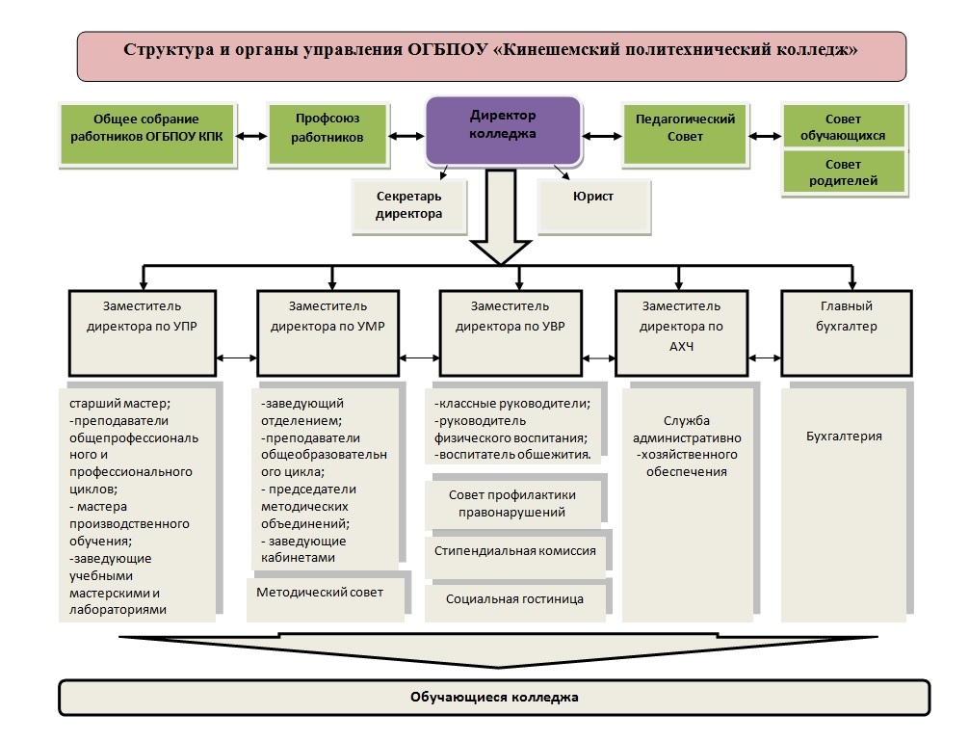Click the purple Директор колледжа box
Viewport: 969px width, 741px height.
503,130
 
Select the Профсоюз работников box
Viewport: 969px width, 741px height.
327,135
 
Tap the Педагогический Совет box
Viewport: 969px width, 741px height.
685,135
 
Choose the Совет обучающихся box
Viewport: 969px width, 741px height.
844,126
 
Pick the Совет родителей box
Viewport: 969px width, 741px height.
844,172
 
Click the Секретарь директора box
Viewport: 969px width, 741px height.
409,206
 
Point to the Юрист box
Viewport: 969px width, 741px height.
594,206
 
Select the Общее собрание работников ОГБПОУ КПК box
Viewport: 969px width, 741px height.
147,135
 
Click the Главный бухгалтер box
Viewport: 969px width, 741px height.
847,333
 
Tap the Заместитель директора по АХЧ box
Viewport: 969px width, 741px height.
682,333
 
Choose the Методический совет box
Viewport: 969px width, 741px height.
326,599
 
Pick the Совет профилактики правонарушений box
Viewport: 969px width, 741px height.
513,504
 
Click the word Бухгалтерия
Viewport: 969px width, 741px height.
844,437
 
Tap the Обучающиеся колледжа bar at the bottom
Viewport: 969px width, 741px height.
494,698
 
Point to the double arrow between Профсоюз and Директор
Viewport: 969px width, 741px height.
406,136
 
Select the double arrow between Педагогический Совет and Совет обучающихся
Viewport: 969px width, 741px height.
765,136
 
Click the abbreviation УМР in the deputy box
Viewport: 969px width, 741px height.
371,327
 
